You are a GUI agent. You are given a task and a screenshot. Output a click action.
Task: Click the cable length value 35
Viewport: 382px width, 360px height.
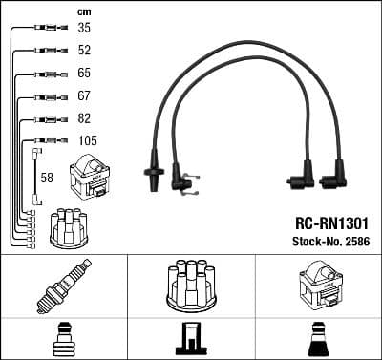pyautogui.click(x=84, y=28)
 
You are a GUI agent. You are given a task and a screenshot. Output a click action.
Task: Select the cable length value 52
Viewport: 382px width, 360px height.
pyautogui.click(x=84, y=50)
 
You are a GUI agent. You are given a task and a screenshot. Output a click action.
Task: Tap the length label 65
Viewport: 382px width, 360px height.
pyautogui.click(x=84, y=73)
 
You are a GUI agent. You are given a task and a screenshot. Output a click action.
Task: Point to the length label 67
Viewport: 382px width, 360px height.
pyautogui.click(x=84, y=95)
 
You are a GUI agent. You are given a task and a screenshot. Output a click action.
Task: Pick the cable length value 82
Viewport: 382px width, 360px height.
pyautogui.click(x=84, y=118)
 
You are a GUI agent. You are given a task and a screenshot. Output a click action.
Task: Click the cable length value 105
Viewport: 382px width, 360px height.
pyautogui.click(x=88, y=140)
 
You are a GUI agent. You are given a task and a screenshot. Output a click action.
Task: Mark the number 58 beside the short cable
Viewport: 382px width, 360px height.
pyautogui.click(x=47, y=178)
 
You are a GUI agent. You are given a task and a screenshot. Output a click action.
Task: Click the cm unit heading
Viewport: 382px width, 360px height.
pyautogui.click(x=84, y=12)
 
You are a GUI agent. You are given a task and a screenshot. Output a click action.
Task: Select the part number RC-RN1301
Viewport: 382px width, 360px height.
pyautogui.click(x=331, y=223)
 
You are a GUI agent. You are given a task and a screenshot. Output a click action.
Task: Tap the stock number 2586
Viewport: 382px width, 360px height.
pyautogui.click(x=358, y=242)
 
